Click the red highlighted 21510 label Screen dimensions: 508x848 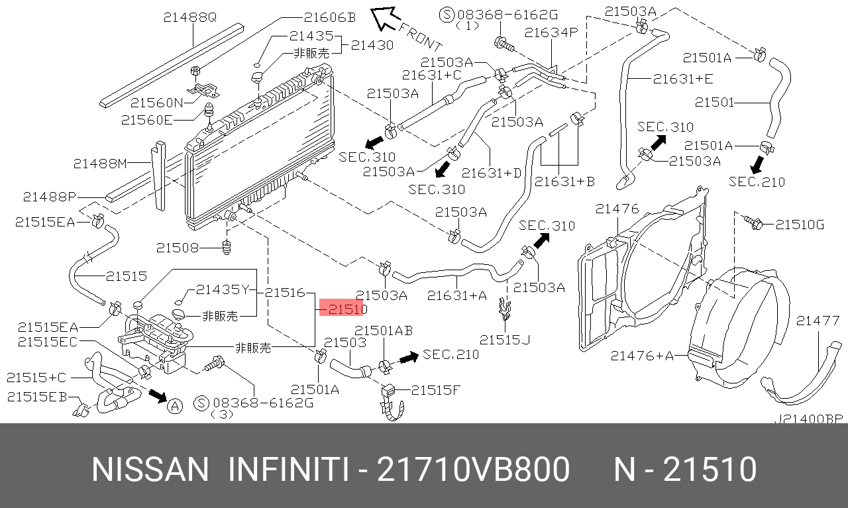point(343,309)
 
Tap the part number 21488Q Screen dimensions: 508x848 point(190,19)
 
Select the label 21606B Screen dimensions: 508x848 point(329,18)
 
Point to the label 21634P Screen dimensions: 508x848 point(551,32)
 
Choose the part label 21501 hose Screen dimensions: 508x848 point(715,103)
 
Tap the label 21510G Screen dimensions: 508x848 point(800,225)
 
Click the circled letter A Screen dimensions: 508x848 point(174,406)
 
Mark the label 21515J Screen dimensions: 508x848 point(505,340)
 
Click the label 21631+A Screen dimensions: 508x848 point(456,296)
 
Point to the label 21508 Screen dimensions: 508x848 point(178,248)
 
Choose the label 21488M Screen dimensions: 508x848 point(100,163)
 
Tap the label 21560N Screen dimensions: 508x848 point(156,103)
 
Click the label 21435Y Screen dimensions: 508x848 point(222,289)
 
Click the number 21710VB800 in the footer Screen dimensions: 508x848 point(473,470)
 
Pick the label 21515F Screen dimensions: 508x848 point(435,390)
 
